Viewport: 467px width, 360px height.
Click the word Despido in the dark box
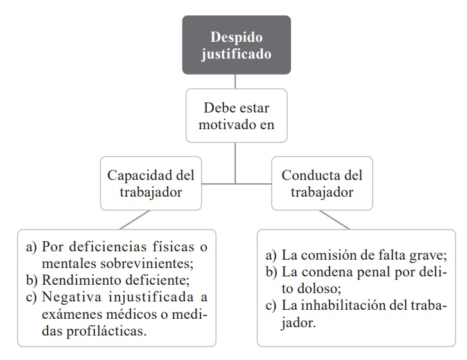point(236,37)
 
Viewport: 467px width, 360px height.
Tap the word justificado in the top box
point(236,54)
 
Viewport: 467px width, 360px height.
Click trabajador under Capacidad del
point(151,192)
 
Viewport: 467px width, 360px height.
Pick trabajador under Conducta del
point(322,192)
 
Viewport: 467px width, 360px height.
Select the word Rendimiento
point(82,280)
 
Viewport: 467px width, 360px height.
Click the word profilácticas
point(107,331)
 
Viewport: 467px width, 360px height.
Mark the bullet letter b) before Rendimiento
point(32,280)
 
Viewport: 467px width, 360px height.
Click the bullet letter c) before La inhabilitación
point(271,306)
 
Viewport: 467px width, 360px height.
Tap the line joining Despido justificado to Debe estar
point(235,82)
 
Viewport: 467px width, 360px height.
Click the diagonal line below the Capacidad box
point(135,220)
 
